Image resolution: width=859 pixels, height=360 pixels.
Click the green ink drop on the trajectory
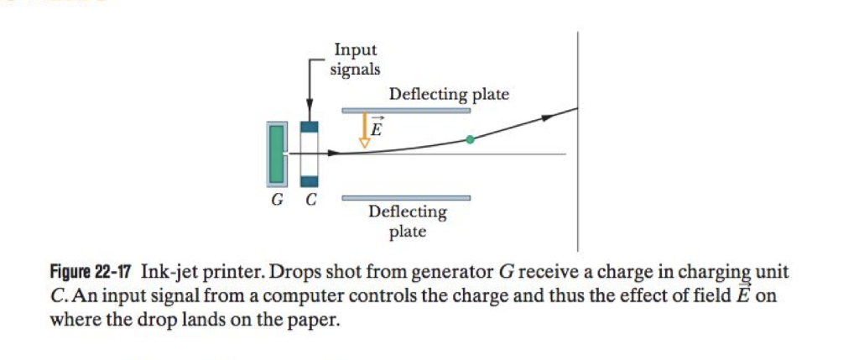point(470,140)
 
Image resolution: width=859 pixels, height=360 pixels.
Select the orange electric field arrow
point(364,130)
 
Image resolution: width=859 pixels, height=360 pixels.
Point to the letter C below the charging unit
point(310,200)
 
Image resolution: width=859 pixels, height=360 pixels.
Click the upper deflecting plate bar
point(405,110)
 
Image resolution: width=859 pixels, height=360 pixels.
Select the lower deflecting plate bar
point(405,198)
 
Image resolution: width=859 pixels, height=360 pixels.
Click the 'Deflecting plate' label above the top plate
point(449,94)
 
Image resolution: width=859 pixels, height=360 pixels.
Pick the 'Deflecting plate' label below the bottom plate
point(408,222)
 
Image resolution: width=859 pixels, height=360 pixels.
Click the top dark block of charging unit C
point(310,128)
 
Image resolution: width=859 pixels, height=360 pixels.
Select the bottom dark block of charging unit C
point(310,180)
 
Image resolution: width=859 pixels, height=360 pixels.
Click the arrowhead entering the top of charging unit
point(310,116)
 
